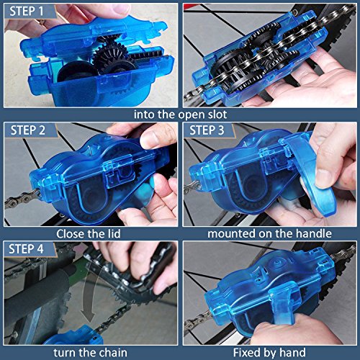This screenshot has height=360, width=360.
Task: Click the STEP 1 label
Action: click(27, 11)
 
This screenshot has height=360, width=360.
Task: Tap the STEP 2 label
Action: click(28, 130)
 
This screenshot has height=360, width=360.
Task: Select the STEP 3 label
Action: click(207, 130)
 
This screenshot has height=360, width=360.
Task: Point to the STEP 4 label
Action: click(26, 249)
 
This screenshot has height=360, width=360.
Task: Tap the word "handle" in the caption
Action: click(314, 233)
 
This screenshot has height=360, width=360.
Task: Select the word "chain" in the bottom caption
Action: click(113, 353)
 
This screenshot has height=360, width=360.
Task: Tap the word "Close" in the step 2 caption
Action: click(71, 233)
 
